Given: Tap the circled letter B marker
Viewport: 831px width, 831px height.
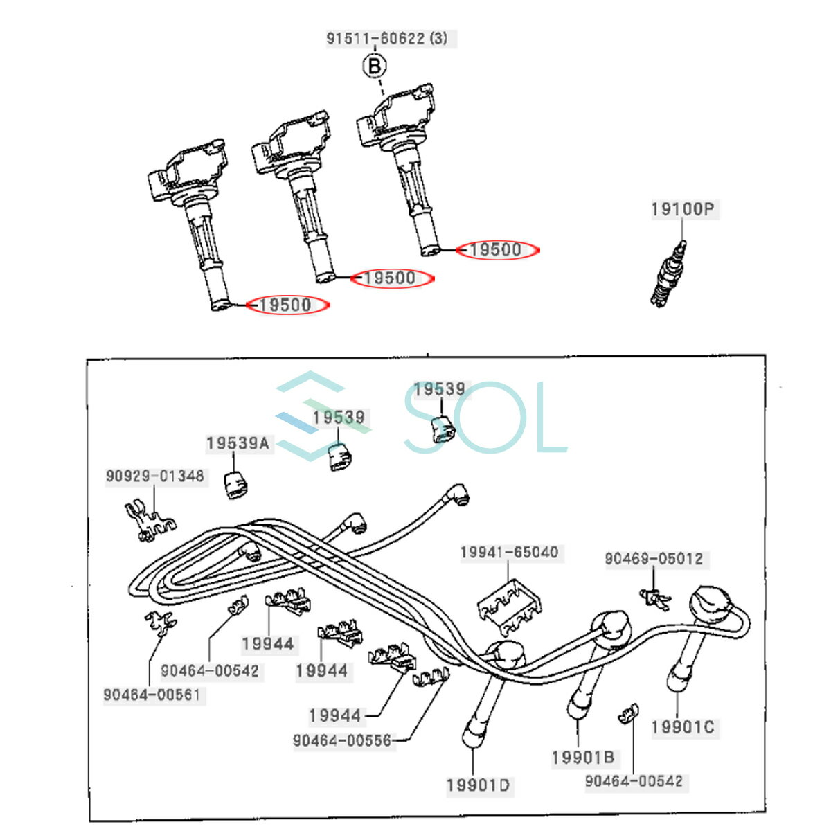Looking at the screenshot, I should click(x=375, y=66).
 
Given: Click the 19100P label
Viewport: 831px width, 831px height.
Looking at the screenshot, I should click(x=683, y=209).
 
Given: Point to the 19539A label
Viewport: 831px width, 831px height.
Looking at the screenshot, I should click(x=238, y=443).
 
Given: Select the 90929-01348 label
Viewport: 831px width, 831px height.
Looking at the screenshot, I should click(x=155, y=476).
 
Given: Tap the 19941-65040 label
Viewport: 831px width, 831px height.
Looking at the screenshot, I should click(x=509, y=553).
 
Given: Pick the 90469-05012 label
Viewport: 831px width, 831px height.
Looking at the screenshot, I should click(x=654, y=558).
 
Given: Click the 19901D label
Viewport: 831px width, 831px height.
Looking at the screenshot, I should click(x=479, y=785).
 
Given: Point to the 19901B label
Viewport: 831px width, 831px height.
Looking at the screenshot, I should click(x=583, y=758).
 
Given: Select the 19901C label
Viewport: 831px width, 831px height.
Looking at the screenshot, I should click(x=683, y=727).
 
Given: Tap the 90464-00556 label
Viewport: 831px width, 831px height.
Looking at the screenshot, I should click(x=343, y=740).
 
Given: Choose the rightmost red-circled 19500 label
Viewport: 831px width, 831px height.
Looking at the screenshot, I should click(x=497, y=250).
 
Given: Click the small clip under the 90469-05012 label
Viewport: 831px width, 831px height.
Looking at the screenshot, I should click(x=655, y=598).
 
